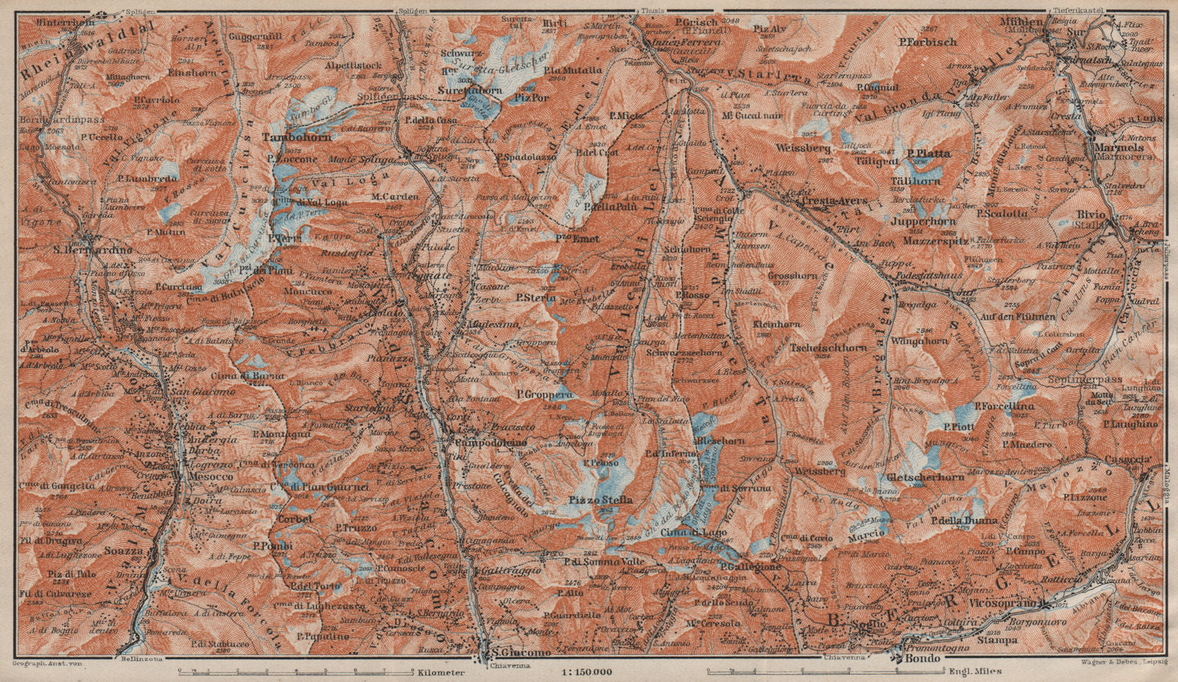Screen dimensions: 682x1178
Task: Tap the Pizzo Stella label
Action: click(x=600, y=501)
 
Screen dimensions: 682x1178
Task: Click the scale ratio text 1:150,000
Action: click(x=590, y=672)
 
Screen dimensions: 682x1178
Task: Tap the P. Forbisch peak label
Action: click(x=928, y=42)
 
